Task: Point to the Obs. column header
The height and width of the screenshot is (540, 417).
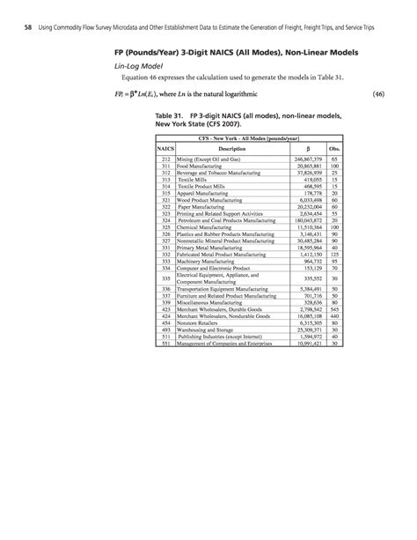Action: coord(333,149)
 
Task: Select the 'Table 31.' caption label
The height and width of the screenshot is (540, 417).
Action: coord(172,115)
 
